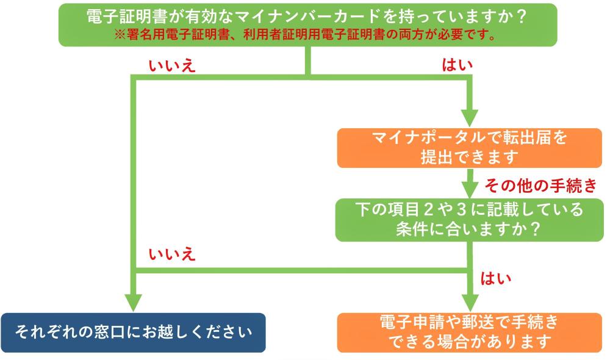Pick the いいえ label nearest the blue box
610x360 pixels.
click(172, 254)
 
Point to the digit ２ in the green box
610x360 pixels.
click(434, 209)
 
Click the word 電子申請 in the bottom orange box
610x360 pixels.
click(403, 322)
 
